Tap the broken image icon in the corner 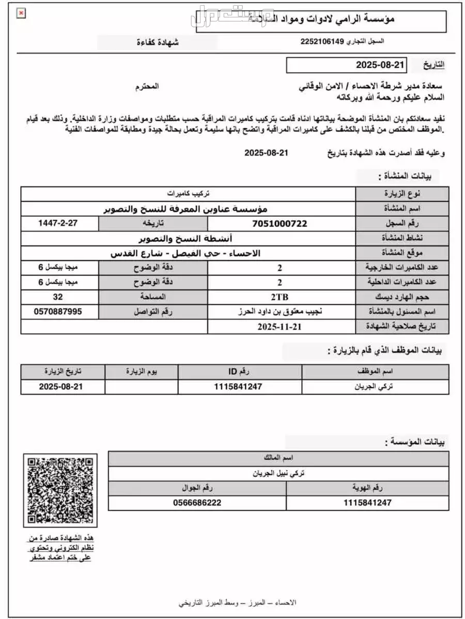(x=21, y=14)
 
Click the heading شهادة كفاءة (x=158, y=42)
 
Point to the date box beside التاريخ (x=346, y=65)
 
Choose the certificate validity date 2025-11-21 (x=279, y=327)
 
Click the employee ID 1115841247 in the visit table (x=240, y=387)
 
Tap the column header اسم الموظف (x=375, y=372)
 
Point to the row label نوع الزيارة (x=402, y=194)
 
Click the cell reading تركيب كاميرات (x=188, y=194)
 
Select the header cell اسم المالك (x=278, y=459)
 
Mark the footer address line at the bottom (x=238, y=602)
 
